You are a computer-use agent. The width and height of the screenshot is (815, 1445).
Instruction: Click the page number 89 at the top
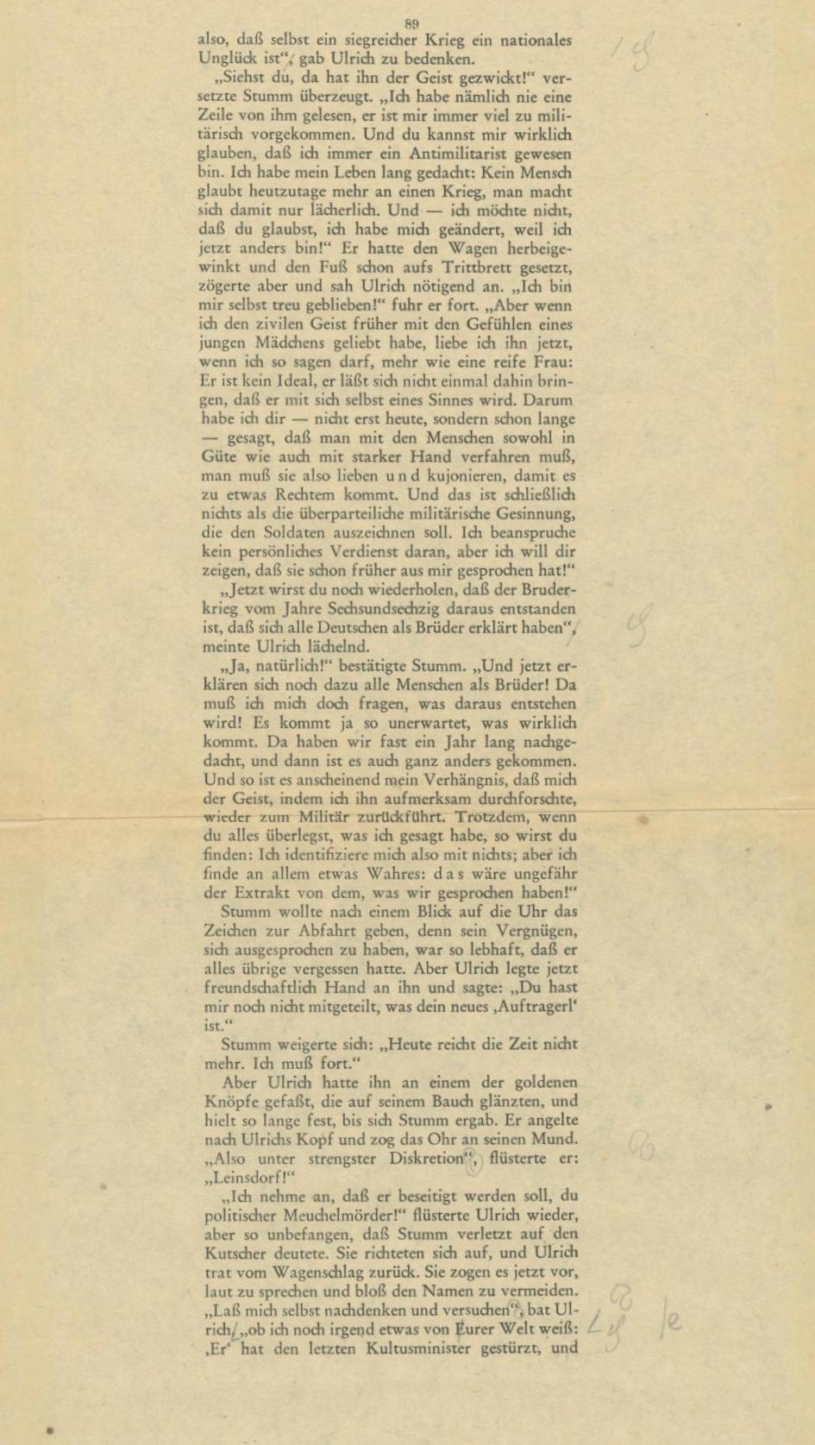click(x=411, y=23)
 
